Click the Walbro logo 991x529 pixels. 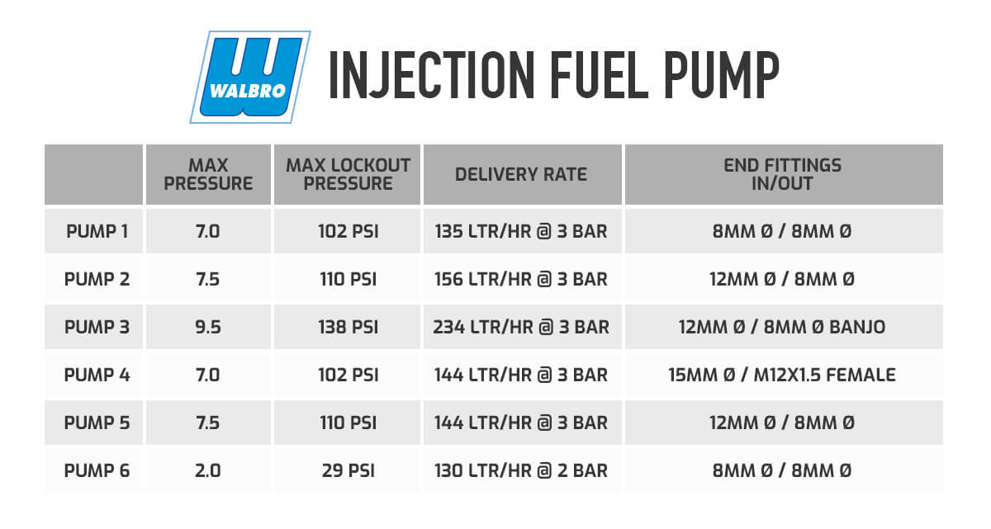(250, 77)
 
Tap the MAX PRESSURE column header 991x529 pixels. (208, 175)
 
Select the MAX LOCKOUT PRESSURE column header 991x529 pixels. (348, 175)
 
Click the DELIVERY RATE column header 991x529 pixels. (521, 175)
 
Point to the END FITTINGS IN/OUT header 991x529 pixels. (782, 175)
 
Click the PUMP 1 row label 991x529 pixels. (97, 231)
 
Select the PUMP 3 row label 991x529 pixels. (97, 327)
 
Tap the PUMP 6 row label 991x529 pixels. (97, 470)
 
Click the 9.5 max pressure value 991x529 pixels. (208, 327)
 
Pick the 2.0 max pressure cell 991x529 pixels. (208, 470)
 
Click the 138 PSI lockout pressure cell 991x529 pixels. (349, 327)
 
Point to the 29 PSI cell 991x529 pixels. (349, 470)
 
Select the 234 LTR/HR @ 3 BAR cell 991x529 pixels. (521, 327)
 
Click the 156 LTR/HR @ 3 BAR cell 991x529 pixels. (521, 279)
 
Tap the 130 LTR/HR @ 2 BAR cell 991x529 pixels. (521, 470)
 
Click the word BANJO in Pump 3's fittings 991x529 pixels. (857, 327)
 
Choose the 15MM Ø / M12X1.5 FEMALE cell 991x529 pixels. (782, 375)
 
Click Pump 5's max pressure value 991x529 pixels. (208, 423)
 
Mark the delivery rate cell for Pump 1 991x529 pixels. (521, 231)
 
